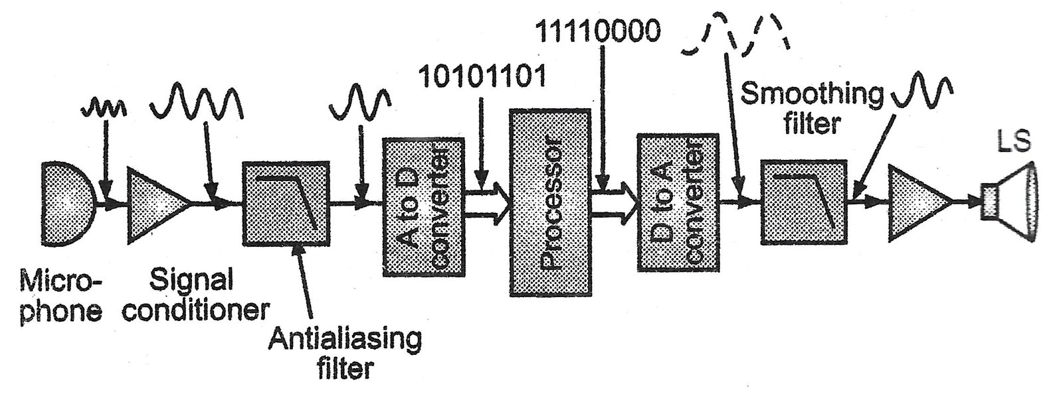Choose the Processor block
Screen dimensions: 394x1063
[550, 202]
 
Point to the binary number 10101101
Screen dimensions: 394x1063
[482, 77]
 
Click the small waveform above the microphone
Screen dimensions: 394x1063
[103, 106]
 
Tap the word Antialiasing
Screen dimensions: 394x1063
[345, 339]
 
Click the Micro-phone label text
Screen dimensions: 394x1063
[60, 297]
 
